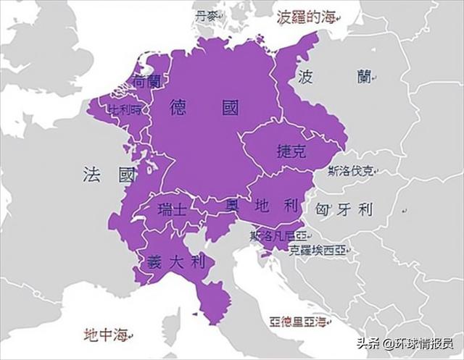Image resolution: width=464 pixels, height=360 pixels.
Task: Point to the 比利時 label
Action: point(126,110)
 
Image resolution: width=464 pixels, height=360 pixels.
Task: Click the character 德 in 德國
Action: point(181,109)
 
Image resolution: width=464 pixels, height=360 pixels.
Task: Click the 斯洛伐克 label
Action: point(352,172)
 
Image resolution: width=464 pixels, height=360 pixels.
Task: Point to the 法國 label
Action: point(109,175)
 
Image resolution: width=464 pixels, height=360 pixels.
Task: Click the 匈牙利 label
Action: point(344,210)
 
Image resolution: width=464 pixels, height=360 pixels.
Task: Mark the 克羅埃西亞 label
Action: point(317,251)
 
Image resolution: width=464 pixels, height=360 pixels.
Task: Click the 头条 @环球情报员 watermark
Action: point(404,343)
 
